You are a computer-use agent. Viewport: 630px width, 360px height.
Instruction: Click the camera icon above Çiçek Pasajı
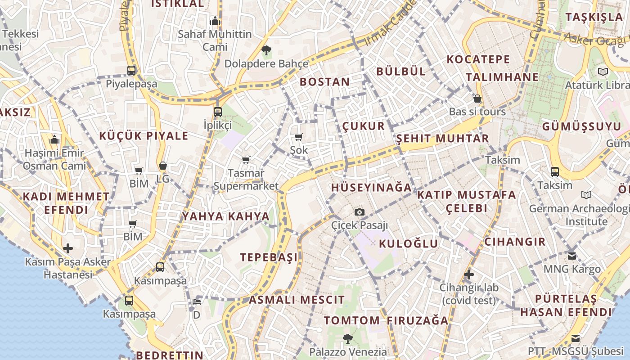click(x=359, y=212)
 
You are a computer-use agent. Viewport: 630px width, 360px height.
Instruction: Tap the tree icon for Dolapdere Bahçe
click(x=266, y=50)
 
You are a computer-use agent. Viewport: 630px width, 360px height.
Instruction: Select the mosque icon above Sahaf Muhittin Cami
click(x=215, y=21)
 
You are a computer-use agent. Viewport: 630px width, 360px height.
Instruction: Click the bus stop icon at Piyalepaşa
click(x=131, y=70)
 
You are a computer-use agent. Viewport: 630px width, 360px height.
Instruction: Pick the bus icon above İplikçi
click(x=217, y=112)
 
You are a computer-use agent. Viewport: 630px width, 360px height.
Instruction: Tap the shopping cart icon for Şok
click(x=298, y=137)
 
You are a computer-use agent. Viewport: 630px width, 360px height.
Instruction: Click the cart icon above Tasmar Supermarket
click(x=246, y=160)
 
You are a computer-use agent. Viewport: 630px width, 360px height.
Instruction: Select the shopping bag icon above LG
click(x=163, y=166)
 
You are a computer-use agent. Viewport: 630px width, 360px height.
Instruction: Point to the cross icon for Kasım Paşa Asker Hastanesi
click(x=68, y=248)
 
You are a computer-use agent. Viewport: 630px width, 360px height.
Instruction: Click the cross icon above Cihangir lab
click(x=469, y=274)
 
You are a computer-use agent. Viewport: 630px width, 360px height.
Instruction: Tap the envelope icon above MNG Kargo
click(x=571, y=256)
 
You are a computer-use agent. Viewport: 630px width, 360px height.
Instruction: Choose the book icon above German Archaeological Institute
click(x=586, y=195)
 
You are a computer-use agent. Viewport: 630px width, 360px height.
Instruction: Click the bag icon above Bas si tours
click(x=477, y=98)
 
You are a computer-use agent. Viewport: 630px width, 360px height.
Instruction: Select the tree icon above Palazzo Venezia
click(x=347, y=338)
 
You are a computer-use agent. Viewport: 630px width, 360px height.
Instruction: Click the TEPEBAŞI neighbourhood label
click(x=269, y=257)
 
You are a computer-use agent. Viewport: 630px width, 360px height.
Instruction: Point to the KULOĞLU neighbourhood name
click(x=408, y=244)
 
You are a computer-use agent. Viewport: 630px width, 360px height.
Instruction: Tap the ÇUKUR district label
click(x=364, y=126)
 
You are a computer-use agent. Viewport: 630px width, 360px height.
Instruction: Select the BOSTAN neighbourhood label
click(x=324, y=82)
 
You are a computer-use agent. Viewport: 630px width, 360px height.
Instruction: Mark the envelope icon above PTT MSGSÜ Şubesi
click(x=575, y=338)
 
